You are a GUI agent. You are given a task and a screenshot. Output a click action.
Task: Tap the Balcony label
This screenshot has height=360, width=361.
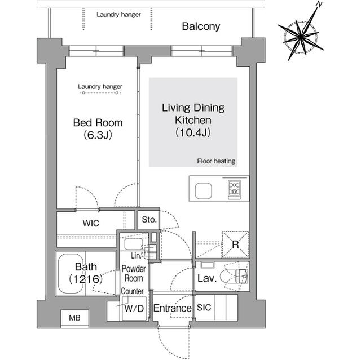pos(201,26)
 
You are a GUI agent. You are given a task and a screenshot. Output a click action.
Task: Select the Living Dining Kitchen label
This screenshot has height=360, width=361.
pos(193,120)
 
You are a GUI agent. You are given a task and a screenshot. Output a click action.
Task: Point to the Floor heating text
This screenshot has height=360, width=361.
pos(216,161)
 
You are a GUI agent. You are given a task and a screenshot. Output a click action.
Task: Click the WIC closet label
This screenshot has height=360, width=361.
pos(91,223)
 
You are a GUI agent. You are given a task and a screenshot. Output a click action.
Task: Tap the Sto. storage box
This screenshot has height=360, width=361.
pos(149,220)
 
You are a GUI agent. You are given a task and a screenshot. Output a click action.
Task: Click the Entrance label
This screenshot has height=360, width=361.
pos(173,309)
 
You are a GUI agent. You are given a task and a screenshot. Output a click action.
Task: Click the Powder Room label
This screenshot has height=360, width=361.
pos(134,274)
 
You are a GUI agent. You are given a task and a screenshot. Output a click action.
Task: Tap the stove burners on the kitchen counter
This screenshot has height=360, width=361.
pos(234,189)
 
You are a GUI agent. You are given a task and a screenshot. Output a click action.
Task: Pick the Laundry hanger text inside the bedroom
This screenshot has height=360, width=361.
pos(100,87)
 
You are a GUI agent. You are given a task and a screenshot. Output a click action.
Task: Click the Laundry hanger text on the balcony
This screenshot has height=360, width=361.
pos(118,14)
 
